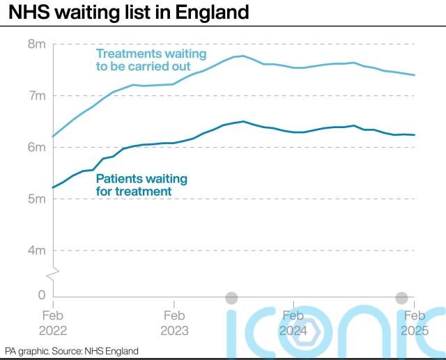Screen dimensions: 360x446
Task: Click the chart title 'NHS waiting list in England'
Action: point(129,13)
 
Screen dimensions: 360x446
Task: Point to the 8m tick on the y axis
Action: point(37,44)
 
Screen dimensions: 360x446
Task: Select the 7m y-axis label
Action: point(37,95)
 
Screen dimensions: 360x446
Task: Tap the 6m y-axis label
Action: point(37,147)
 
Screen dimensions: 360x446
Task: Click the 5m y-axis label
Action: point(37,198)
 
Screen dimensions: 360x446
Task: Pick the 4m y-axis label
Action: point(37,250)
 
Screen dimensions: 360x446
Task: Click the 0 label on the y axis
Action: point(41,295)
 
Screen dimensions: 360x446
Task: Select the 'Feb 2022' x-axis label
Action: point(54,322)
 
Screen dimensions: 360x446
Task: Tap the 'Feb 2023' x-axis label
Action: point(174,322)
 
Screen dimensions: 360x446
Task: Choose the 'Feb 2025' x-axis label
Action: point(415,322)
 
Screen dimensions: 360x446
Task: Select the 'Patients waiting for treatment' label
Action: point(141,185)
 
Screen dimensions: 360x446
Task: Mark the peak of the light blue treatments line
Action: point(243,56)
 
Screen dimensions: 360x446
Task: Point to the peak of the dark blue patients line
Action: point(243,121)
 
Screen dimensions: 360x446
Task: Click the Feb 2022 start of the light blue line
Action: point(53,136)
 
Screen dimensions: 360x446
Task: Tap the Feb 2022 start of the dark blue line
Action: point(53,187)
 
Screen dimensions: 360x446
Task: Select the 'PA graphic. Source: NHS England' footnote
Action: point(72,351)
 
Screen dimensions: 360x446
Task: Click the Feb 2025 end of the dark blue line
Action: point(415,135)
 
